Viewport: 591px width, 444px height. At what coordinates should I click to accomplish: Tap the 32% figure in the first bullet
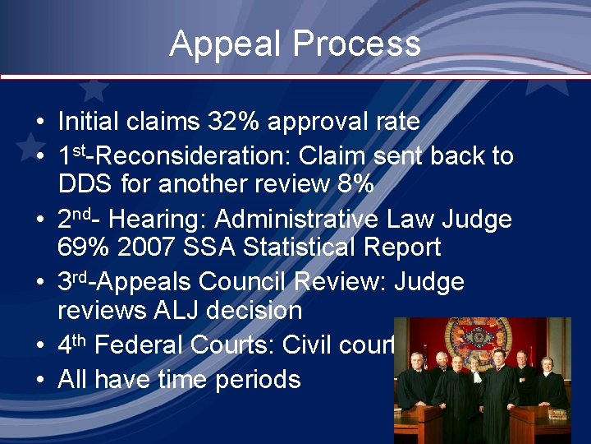232,123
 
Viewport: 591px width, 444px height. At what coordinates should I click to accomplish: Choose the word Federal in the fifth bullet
141,345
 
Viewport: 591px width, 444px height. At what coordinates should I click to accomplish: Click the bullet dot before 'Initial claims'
39,123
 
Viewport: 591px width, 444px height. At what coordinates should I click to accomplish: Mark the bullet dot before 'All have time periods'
39,380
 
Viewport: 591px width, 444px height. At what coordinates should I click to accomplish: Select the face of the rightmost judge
547,363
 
